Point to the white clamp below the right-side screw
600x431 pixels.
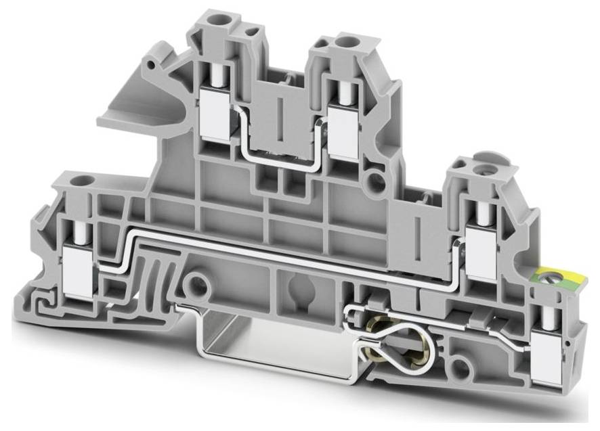484,251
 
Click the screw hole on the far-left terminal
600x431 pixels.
84,181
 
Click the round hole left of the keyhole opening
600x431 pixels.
198,283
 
